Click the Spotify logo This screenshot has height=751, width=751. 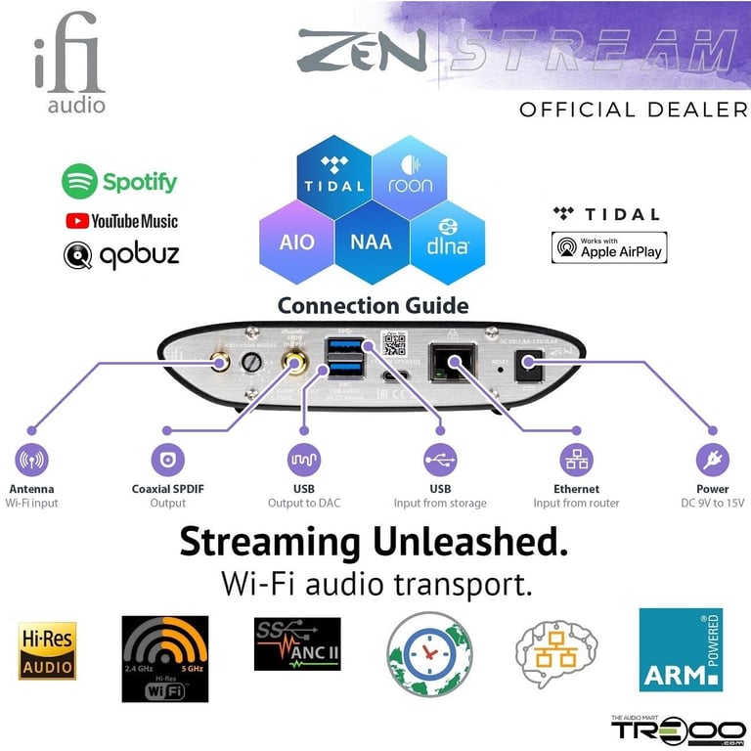coord(119,181)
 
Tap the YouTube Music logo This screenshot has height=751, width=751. coord(121,221)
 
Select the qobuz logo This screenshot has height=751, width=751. coord(121,255)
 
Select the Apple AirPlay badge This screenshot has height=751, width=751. coord(609,247)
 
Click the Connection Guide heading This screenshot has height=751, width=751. coord(373,305)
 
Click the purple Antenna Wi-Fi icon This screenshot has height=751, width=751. coord(31,460)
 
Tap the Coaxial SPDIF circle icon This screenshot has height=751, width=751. coord(167,460)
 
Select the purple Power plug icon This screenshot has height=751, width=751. coord(712,460)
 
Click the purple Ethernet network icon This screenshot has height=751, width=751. coord(576,460)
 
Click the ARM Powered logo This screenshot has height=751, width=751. coord(681,649)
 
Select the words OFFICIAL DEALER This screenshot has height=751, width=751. coord(633,110)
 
